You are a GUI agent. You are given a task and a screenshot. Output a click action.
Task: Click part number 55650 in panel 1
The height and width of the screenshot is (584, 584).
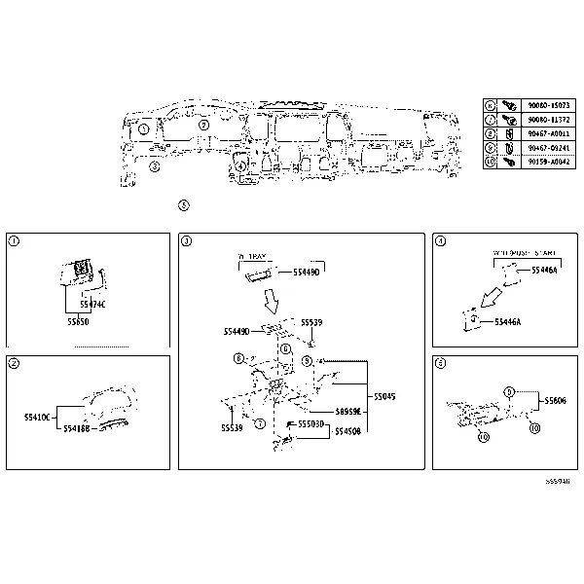[x=79, y=319]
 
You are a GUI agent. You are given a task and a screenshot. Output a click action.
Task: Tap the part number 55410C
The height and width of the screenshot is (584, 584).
[x=36, y=417]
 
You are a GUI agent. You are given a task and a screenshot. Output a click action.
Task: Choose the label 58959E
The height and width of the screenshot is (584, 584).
[x=347, y=412]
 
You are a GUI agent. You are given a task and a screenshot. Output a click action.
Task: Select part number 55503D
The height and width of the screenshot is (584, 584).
[x=311, y=424]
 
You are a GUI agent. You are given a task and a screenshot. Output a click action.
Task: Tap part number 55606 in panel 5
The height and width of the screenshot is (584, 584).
[x=556, y=400]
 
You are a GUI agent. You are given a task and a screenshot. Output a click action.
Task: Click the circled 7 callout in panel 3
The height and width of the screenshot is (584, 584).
[x=259, y=423]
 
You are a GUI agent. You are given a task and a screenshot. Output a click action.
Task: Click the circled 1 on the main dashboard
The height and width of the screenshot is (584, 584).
[x=143, y=128]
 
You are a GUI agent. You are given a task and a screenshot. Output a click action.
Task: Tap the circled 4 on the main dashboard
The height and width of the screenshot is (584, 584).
[x=240, y=165]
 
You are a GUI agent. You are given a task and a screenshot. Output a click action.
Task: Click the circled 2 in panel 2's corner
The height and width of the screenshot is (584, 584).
[x=13, y=363]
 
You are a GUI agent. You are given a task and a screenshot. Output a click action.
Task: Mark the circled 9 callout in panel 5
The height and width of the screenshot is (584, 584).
[x=508, y=391]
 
